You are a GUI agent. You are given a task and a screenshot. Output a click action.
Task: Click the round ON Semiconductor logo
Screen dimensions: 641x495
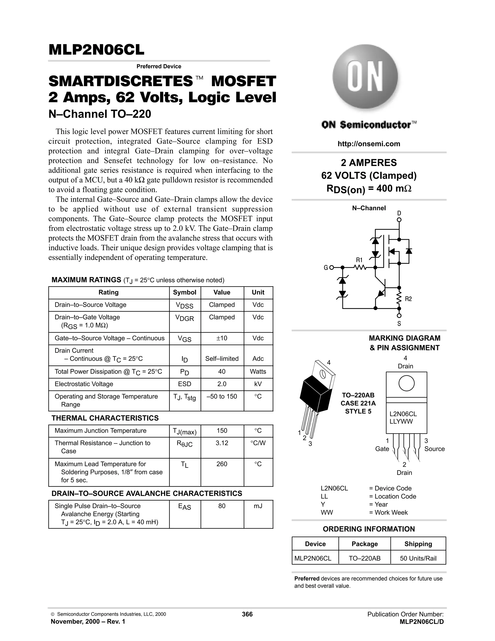(x=365, y=77)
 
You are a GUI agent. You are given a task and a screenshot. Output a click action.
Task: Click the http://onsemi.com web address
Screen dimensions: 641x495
(x=369, y=144)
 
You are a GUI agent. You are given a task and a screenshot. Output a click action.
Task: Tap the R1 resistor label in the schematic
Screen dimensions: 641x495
(x=359, y=260)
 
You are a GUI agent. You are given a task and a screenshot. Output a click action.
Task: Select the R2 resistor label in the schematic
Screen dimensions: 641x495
(x=408, y=299)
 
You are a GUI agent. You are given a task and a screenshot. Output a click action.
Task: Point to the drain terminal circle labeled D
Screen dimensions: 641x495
(x=399, y=220)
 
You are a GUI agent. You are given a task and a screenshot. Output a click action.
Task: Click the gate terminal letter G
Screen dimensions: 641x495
(x=326, y=268)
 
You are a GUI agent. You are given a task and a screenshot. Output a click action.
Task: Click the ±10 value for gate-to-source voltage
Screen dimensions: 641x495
(x=222, y=338)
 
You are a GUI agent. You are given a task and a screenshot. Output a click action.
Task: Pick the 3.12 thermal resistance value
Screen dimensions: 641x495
(x=222, y=443)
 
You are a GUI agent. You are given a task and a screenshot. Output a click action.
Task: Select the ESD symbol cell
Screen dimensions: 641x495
(x=184, y=384)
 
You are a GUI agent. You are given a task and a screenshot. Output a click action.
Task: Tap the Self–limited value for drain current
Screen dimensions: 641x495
(x=222, y=359)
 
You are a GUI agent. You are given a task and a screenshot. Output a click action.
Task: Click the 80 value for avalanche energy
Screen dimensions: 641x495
(x=222, y=506)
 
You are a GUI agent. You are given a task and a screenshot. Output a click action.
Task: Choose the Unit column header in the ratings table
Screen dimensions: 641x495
(x=258, y=292)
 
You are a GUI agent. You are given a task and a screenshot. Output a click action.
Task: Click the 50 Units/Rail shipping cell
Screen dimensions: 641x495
(x=418, y=558)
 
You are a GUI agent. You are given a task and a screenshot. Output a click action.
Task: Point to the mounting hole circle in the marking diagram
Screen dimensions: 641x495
(x=407, y=383)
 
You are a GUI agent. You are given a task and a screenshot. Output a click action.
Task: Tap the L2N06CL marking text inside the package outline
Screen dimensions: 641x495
(x=403, y=414)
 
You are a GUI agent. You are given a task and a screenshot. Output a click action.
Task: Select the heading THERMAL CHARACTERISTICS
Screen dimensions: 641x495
(x=105, y=418)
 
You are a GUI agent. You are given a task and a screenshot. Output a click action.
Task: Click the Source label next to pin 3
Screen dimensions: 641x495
(x=434, y=449)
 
